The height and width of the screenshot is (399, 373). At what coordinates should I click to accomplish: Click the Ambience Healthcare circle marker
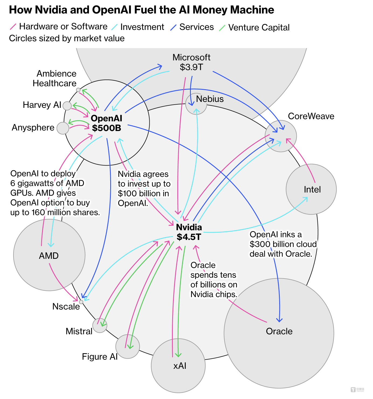[78, 90]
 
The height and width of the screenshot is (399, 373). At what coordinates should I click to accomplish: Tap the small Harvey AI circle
[67, 106]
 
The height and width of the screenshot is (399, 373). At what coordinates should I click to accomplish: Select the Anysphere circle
[63, 128]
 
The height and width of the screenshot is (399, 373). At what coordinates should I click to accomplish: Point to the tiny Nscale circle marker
[81, 302]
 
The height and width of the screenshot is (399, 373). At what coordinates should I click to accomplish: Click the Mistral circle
[100, 325]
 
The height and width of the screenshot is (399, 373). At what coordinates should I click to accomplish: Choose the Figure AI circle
[127, 346]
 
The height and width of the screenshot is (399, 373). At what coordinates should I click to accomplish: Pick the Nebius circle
[196, 104]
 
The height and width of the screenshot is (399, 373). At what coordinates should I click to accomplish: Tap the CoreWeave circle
[281, 136]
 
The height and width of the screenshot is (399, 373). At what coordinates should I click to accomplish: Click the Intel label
[312, 190]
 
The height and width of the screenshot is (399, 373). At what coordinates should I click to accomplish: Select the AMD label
[49, 256]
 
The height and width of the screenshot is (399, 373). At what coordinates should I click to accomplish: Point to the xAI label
[180, 366]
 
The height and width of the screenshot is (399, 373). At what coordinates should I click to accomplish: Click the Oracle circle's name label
[279, 331]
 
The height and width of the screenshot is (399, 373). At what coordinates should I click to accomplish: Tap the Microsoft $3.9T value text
[191, 67]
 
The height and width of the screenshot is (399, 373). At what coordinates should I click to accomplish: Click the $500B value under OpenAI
[106, 128]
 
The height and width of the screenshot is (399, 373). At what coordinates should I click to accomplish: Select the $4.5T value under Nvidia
[189, 237]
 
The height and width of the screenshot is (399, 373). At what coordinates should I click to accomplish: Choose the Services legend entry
[196, 27]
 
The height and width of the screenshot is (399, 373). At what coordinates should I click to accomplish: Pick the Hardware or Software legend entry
[63, 26]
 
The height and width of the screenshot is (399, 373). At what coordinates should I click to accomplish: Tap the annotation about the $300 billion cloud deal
[283, 244]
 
